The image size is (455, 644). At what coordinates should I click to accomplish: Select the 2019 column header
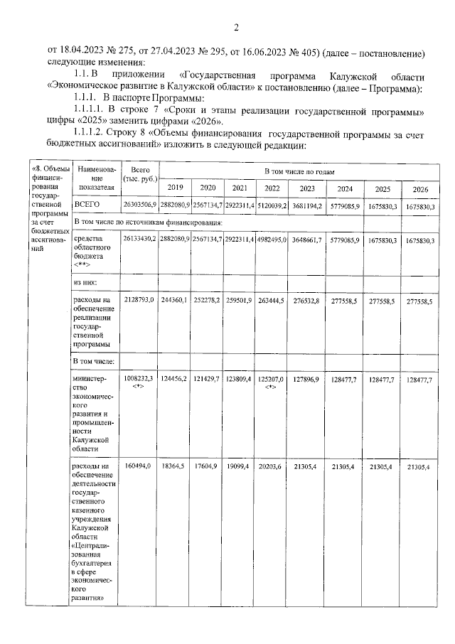click(174, 188)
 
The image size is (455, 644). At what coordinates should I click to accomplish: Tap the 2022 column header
click(272, 188)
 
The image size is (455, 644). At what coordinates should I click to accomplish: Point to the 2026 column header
click(420, 188)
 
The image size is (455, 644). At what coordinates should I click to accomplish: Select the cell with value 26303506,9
click(139, 205)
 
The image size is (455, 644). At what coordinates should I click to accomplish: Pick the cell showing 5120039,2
click(272, 205)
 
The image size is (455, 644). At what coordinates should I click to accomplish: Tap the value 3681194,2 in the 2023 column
click(308, 205)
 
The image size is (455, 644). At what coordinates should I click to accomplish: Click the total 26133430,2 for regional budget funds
click(139, 241)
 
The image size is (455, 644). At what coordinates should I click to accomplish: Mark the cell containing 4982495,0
click(272, 241)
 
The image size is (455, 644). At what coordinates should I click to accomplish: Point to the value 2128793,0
click(139, 301)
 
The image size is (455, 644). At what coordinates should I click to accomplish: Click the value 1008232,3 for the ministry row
click(139, 380)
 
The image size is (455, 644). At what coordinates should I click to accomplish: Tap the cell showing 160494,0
click(139, 466)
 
